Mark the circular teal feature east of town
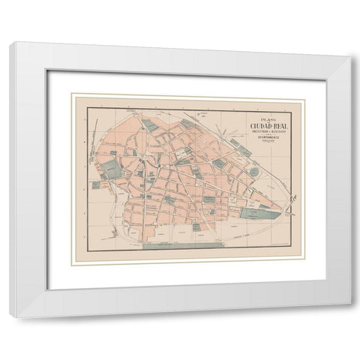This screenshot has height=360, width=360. coord(253,172)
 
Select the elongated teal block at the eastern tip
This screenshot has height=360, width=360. coord(259,214)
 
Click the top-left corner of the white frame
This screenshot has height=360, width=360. coord(13,43)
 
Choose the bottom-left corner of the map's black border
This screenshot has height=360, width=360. coord(86,250)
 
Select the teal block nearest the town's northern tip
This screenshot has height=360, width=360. coord(150,125)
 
